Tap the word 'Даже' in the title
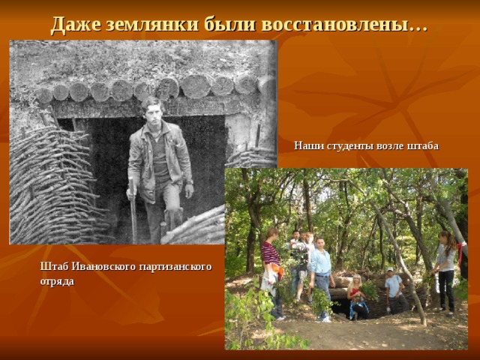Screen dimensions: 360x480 [x=76, y=24]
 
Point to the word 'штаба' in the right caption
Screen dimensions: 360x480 [x=423, y=145]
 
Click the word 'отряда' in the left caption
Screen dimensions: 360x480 [x=57, y=281]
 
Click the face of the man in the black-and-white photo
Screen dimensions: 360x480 [x=153, y=109]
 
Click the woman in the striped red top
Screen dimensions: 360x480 [x=271, y=262]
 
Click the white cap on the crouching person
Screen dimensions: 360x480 [x=389, y=269]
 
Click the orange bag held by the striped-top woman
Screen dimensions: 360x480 [x=277, y=270]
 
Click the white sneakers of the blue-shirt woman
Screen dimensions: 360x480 [x=325, y=319]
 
